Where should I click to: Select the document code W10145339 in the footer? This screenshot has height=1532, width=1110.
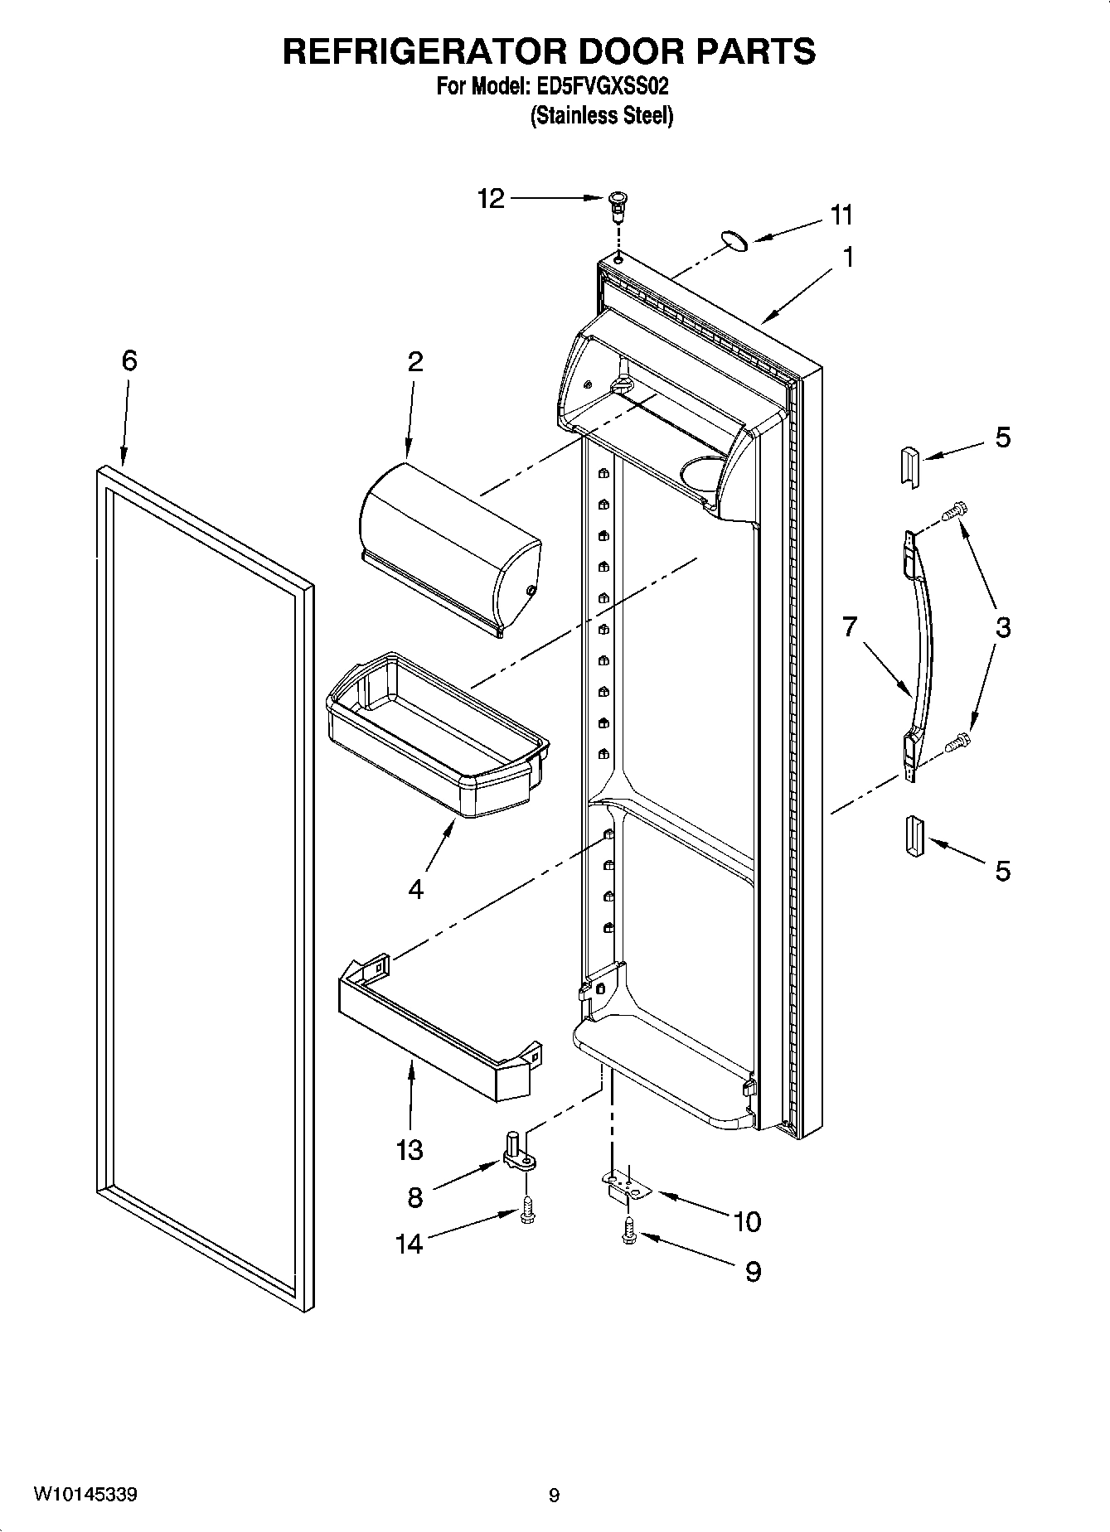pos(85,1495)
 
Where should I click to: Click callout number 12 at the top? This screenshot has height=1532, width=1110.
pos(491,199)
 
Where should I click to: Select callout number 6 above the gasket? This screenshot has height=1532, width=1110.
pos(129,360)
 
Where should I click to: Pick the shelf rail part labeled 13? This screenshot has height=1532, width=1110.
pos(438,1033)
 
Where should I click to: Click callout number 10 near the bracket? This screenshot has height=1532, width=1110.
pos(747,1221)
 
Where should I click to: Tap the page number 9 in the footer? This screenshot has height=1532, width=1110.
pos(554,1496)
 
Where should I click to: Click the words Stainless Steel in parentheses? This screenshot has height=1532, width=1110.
pos(602,116)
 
